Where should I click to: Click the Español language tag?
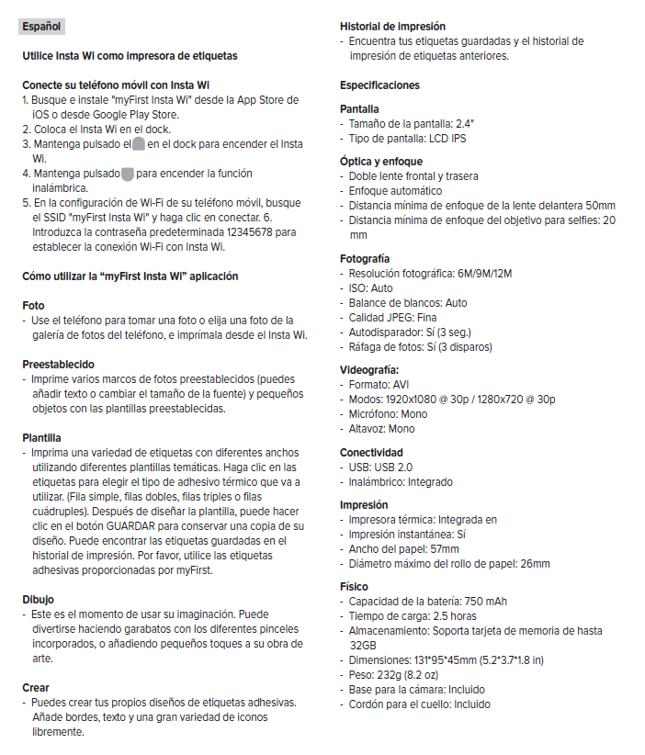pyautogui.click(x=40, y=27)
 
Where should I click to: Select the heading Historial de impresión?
pyautogui.click(x=392, y=27)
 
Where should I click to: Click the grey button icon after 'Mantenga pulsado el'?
pyautogui.click(x=138, y=144)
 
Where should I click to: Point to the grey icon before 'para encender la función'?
pyautogui.click(x=128, y=174)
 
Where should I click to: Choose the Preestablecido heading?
pyautogui.click(x=58, y=364)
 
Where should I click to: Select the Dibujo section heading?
pyautogui.click(x=39, y=599)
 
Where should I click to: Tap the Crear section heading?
pyautogui.click(x=36, y=687)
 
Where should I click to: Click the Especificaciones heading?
pyautogui.click(x=379, y=85)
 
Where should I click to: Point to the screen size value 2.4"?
pyautogui.click(x=465, y=123)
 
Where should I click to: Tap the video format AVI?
pyautogui.click(x=401, y=385)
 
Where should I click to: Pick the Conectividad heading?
pyautogui.click(x=371, y=453)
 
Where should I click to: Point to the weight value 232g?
pyautogui.click(x=395, y=675)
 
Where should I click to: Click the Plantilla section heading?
pyautogui.click(x=42, y=437)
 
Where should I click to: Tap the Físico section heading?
pyautogui.click(x=354, y=586)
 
